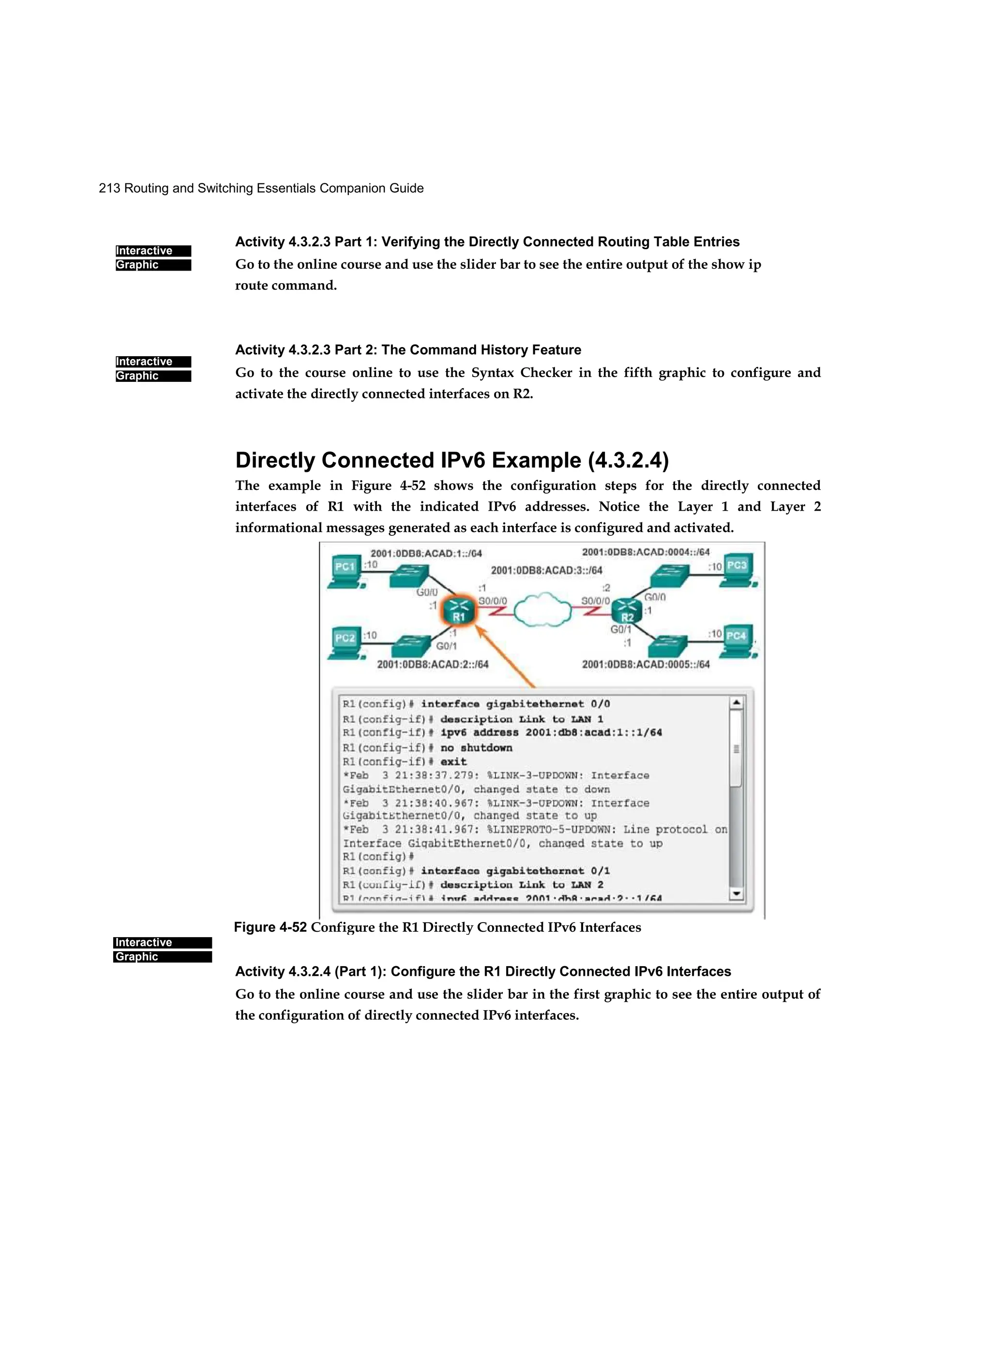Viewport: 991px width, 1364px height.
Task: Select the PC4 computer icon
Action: pos(738,640)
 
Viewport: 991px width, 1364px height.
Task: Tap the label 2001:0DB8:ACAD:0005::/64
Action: pos(645,664)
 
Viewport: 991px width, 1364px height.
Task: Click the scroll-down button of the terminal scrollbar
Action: pos(736,894)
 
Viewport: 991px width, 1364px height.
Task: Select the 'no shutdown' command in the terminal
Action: pos(476,747)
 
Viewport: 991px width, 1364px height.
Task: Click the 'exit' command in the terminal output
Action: pos(453,761)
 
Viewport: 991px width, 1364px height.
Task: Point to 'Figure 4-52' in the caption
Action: pos(270,927)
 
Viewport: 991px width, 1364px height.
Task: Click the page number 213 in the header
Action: pos(109,188)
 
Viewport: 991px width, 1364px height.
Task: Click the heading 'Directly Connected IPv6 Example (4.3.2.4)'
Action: pos(451,460)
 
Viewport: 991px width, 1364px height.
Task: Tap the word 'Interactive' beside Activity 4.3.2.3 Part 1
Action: pos(144,251)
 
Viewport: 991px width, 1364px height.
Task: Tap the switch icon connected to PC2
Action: pos(411,647)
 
